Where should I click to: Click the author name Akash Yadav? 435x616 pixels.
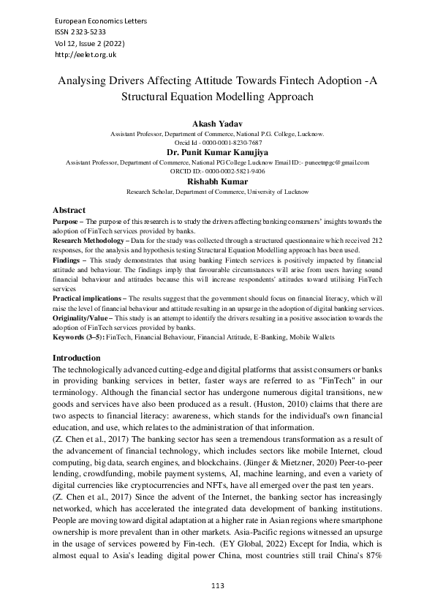click(x=217, y=125)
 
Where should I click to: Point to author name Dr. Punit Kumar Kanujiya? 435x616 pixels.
click(x=217, y=152)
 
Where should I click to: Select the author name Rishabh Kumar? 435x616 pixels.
click(x=217, y=181)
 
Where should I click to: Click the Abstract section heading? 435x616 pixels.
click(x=69, y=210)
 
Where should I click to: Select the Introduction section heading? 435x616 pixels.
click(x=77, y=358)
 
